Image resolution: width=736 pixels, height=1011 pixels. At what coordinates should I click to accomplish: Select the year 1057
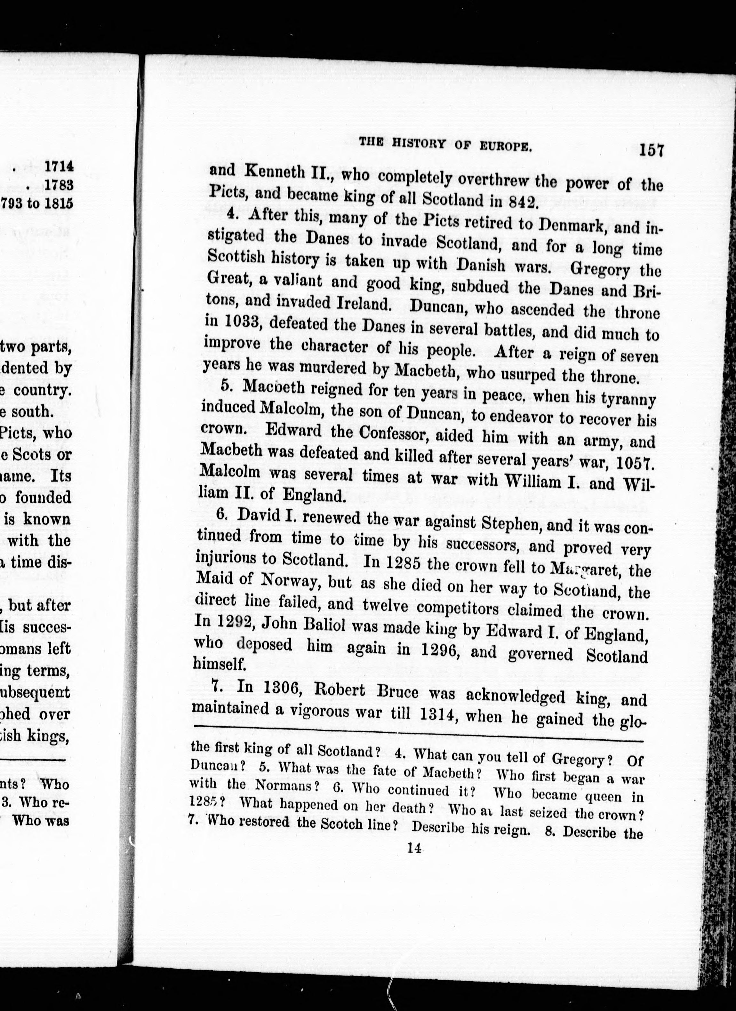coord(634,463)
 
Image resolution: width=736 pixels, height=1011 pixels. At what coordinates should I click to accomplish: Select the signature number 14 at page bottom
coord(414,848)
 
